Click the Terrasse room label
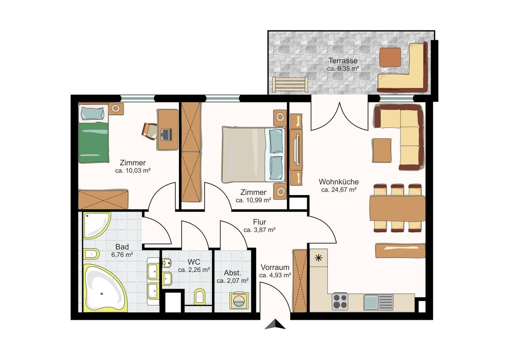point(343,61)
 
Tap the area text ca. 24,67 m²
point(338,190)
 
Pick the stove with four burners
point(340,301)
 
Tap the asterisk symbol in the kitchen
point(318,257)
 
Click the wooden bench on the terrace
point(291,85)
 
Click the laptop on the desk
point(165,134)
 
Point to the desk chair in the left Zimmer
point(149,130)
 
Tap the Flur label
point(259,222)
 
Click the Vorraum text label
point(275,268)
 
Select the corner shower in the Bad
point(96,224)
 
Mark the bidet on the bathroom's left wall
point(90,254)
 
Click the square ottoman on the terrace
point(390,57)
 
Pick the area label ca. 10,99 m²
point(253,200)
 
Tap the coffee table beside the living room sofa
point(382,150)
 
